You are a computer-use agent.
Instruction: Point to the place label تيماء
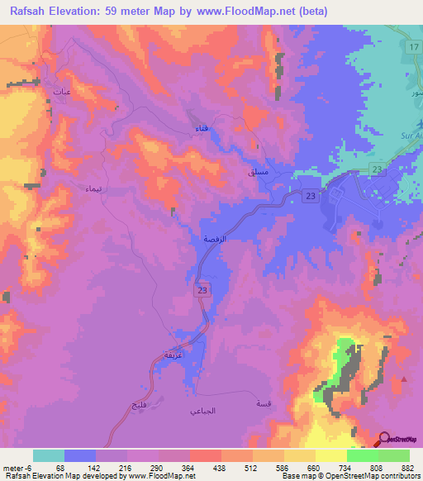coord(93,188)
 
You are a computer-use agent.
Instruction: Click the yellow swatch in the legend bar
coord(330,455)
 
